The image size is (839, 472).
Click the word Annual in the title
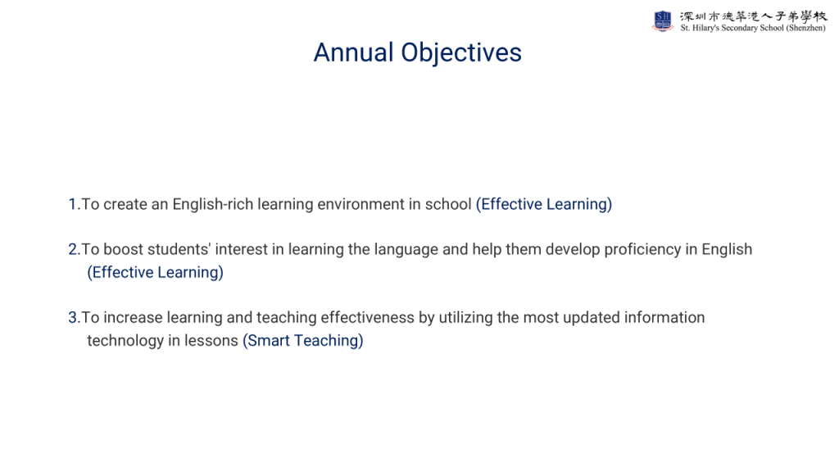point(353,52)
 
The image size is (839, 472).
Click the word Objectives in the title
point(461,53)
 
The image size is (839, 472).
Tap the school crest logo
point(662,21)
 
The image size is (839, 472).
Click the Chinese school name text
point(754,16)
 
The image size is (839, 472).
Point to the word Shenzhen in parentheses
point(805,28)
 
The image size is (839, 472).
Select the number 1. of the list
point(74,204)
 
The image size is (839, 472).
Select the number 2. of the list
point(74,249)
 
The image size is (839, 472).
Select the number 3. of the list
point(74,318)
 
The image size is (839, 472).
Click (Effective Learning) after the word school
point(544,204)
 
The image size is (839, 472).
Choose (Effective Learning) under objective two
point(155,272)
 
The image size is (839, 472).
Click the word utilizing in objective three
point(465,318)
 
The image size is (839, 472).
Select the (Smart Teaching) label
point(303,341)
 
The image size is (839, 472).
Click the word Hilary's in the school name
point(705,28)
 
